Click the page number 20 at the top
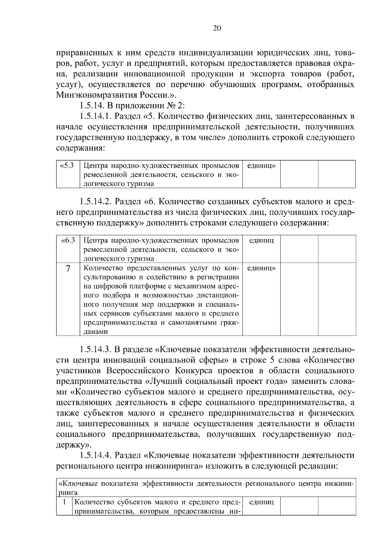217,28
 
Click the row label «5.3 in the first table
67,166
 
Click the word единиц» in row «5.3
261,166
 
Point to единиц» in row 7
261,268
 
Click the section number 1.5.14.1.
96,116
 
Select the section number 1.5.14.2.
96,201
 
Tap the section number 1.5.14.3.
96,350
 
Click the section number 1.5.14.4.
96,455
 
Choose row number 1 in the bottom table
64,502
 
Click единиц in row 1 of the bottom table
261,502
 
